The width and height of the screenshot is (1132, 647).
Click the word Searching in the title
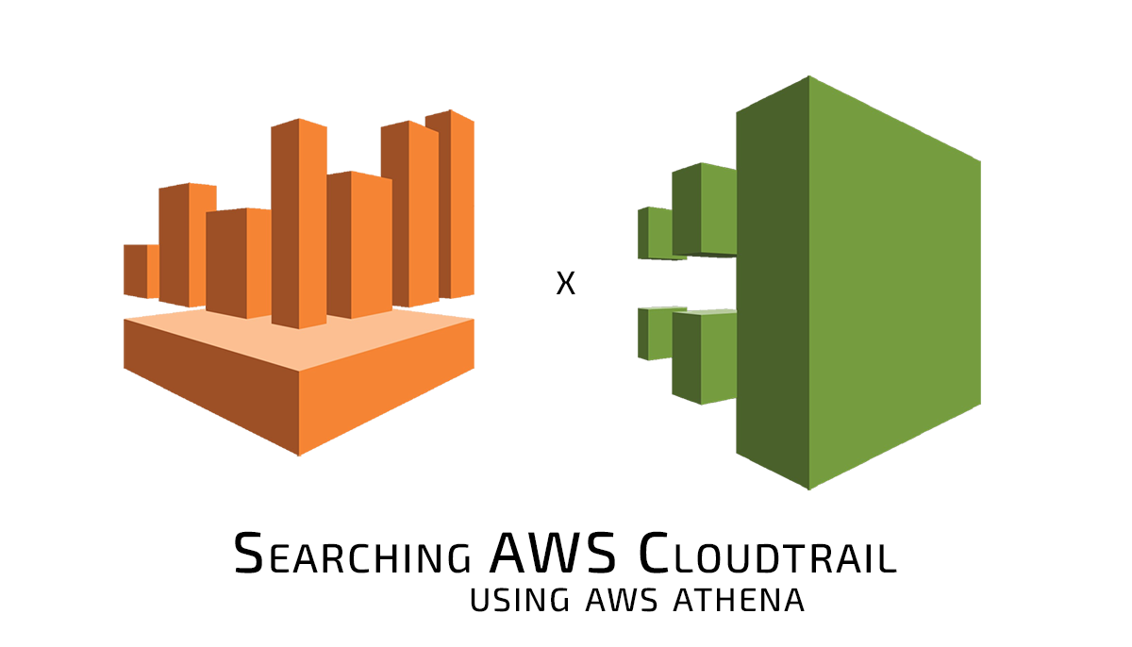click(x=353, y=554)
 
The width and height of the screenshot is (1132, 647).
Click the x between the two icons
click(x=565, y=284)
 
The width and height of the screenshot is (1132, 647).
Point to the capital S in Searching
click(x=248, y=554)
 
